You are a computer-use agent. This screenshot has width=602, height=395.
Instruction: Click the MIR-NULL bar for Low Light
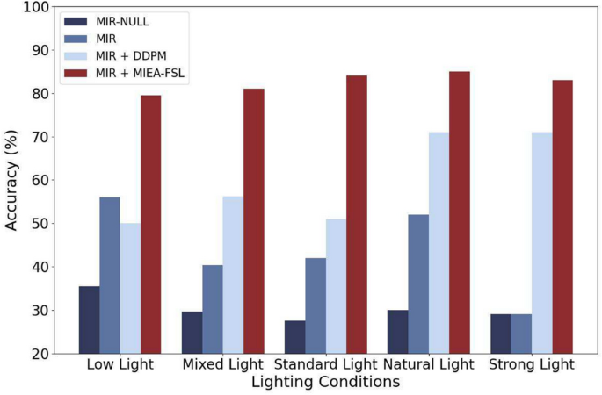pos(89,320)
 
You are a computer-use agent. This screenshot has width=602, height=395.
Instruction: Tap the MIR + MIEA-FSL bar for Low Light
pos(151,224)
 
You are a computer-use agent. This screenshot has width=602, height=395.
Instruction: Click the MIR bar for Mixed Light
pos(212,309)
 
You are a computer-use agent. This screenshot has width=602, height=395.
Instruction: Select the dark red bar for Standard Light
pos(356,214)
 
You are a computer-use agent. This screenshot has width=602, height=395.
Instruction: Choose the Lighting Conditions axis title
pos(325,383)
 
